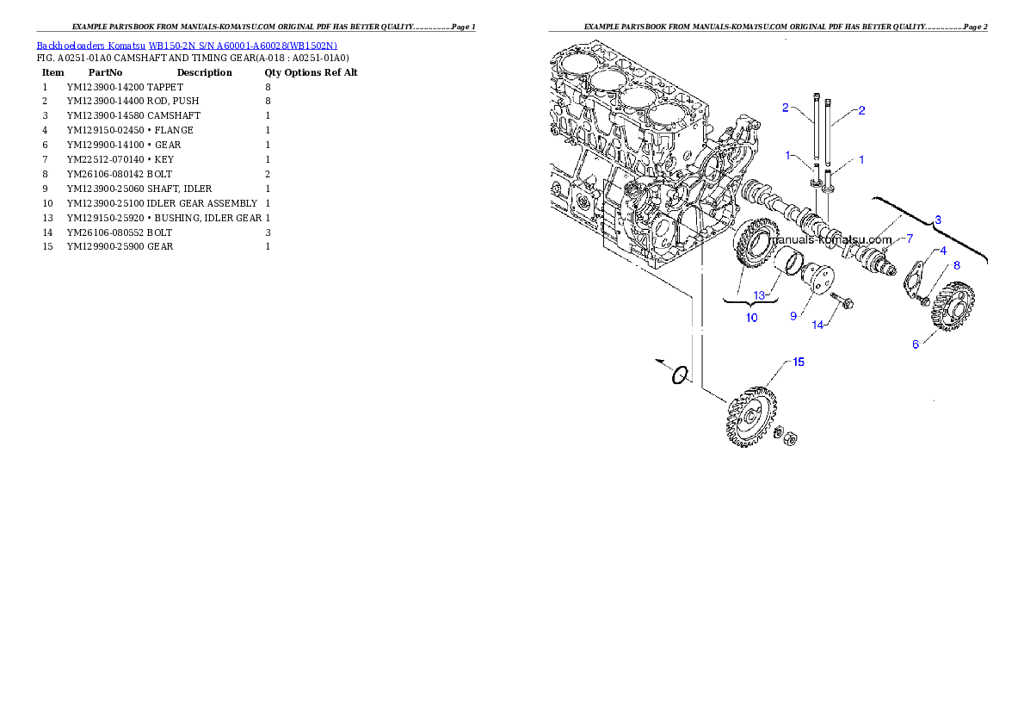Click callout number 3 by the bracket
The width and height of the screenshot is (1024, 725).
click(x=938, y=220)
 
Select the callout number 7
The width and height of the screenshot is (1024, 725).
click(x=910, y=238)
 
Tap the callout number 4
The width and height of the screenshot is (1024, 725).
click(x=943, y=251)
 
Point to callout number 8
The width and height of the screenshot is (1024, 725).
click(x=956, y=265)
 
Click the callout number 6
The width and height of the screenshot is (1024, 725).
click(x=916, y=344)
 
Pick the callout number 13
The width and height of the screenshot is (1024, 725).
click(x=760, y=295)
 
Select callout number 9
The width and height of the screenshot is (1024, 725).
click(x=793, y=316)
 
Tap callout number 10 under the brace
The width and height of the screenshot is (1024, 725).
click(x=751, y=318)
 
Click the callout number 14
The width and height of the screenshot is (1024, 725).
click(x=818, y=325)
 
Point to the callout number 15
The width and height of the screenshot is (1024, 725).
click(x=799, y=362)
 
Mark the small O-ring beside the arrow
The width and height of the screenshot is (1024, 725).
click(x=680, y=375)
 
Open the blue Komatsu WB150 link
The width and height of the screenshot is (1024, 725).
click(x=187, y=45)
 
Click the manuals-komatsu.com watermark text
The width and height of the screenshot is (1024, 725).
click(x=830, y=239)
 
